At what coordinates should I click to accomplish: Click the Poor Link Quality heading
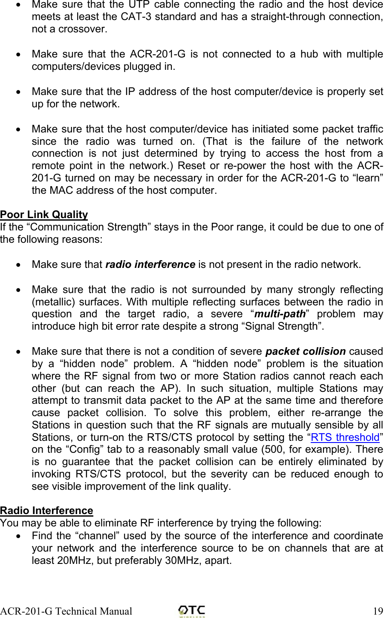coord(44,215)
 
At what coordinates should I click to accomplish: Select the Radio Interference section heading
coord(46,511)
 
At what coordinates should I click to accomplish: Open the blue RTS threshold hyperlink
coord(345,437)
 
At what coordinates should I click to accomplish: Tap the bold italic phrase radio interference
coord(150,264)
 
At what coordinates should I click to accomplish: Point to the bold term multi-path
coord(280,314)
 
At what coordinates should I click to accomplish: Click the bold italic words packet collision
coord(305,351)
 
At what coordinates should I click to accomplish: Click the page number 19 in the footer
coord(378,611)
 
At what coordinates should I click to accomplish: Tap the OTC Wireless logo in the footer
coord(192,611)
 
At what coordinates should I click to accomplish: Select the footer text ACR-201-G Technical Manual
coord(66,611)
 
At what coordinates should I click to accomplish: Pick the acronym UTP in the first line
coord(139,5)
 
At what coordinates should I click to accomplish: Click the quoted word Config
coord(84,450)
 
